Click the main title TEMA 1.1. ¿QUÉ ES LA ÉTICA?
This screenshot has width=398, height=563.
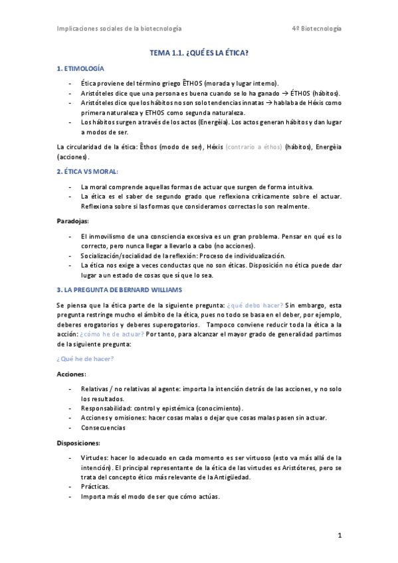click(199, 52)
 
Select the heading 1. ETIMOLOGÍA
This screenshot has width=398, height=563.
click(80, 68)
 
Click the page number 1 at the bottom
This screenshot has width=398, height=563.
click(339, 535)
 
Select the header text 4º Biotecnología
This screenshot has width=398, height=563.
click(317, 29)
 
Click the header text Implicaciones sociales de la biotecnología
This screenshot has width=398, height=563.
click(120, 29)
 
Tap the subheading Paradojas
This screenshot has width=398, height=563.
click(73, 220)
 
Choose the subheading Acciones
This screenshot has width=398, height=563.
click(72, 374)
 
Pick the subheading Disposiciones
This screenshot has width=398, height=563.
click(78, 443)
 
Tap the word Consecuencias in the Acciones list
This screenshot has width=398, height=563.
click(103, 428)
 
